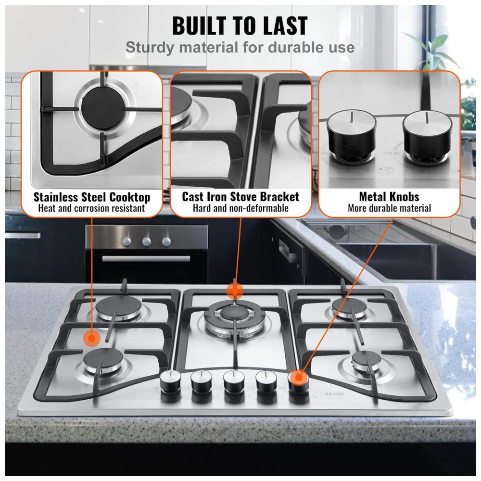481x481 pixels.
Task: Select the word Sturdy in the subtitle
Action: [150, 48]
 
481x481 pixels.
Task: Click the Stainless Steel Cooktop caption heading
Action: [92, 197]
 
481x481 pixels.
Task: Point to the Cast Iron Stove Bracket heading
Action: [240, 197]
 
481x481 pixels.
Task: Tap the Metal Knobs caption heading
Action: [389, 197]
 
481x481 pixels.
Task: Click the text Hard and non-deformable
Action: [240, 208]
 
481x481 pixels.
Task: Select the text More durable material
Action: [389, 208]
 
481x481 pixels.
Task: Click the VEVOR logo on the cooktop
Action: [334, 394]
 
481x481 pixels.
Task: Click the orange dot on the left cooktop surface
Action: [91, 338]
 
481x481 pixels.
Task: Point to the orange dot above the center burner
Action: [235, 290]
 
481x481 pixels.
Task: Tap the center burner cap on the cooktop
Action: [235, 313]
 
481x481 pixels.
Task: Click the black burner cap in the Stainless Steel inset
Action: [103, 107]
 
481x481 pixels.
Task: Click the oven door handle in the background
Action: [146, 259]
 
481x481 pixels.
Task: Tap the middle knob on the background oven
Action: [147, 242]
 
